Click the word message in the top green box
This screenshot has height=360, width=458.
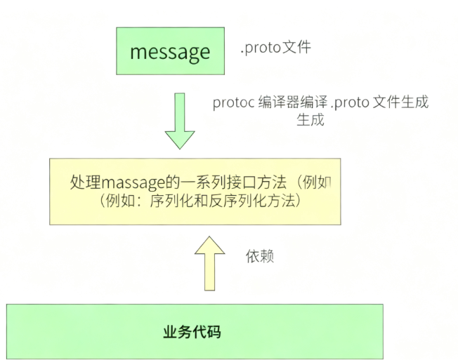coord(170,52)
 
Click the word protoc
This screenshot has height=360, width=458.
coord(234,102)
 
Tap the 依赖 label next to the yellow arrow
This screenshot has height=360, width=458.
coord(259,256)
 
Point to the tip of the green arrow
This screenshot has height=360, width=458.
coord(180,147)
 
